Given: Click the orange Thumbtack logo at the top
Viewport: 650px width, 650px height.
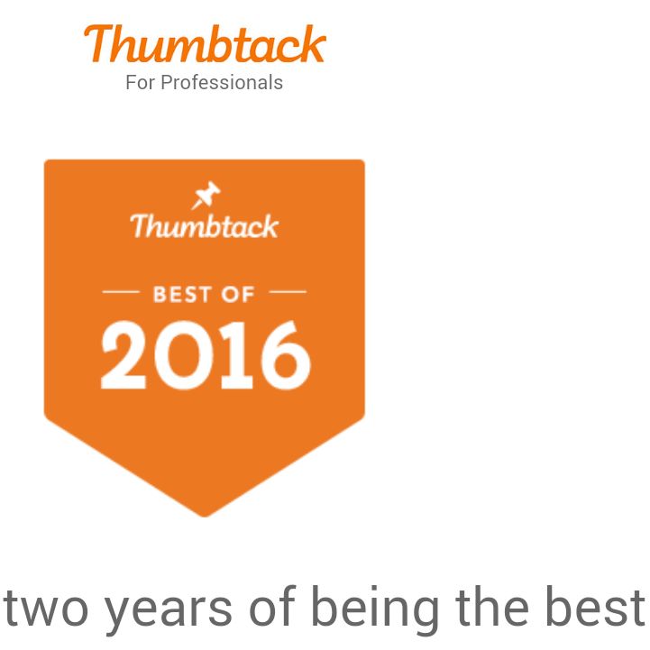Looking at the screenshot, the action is (x=205, y=43).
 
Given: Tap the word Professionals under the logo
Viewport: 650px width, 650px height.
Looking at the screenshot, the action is (x=222, y=82).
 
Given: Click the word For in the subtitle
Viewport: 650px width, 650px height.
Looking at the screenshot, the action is (x=141, y=82).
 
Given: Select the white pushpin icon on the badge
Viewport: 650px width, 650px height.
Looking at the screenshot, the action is (x=206, y=195).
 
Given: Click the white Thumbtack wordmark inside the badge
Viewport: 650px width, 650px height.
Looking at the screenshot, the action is (x=205, y=226).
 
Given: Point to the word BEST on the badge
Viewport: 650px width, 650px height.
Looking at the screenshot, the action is (x=182, y=294).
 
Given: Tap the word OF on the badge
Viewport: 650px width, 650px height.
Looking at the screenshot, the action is (x=237, y=294).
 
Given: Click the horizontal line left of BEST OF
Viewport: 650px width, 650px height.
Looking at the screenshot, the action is (x=121, y=292).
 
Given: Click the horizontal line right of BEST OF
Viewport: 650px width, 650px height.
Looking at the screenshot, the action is (x=288, y=292).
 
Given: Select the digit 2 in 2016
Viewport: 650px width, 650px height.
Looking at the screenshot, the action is (x=124, y=355).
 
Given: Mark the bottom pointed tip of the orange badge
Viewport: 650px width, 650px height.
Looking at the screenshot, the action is (x=205, y=517).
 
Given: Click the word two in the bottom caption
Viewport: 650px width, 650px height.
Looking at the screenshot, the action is (x=46, y=607).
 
